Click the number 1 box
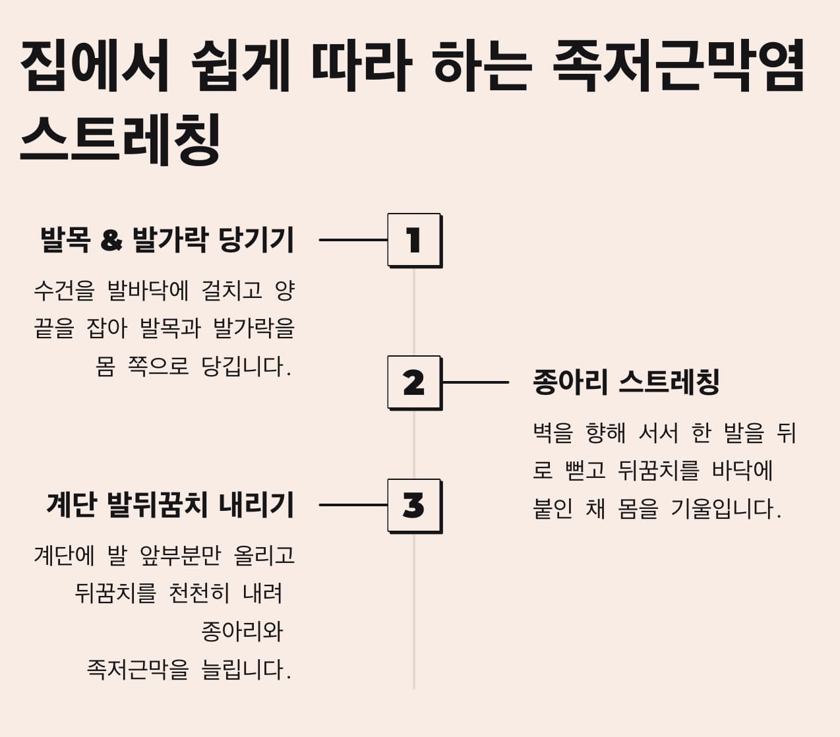coord(414,240)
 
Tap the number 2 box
coord(414,382)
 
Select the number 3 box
coord(414,506)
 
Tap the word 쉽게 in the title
coord(241,65)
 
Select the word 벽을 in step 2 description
coord(553,433)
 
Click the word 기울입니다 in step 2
coord(725,509)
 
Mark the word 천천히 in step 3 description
coord(198,593)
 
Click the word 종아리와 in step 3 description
coord(241,632)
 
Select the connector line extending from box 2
coord(475,382)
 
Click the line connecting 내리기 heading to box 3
coord(353,506)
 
